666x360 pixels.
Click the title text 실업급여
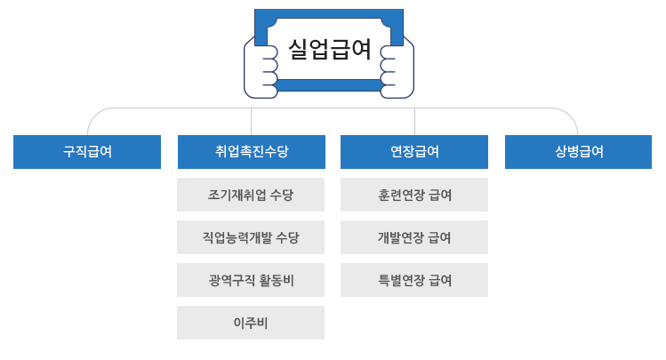(329, 49)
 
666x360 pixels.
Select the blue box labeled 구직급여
(87, 152)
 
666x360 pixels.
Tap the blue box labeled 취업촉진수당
(251, 152)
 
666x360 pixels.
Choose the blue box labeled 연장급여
(414, 152)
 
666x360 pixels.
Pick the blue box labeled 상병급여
(579, 152)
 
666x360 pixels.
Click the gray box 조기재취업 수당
(251, 195)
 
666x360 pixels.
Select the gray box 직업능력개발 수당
(251, 237)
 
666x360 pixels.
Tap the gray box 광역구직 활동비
(251, 280)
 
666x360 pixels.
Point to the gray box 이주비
(251, 323)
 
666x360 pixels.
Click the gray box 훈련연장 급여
(414, 195)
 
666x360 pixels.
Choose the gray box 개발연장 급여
(414, 237)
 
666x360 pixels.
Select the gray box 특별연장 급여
(414, 280)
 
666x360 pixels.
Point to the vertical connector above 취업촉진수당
(251, 122)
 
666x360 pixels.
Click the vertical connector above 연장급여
(414, 122)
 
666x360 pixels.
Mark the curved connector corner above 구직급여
(93, 115)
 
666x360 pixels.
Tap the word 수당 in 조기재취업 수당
(281, 195)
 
